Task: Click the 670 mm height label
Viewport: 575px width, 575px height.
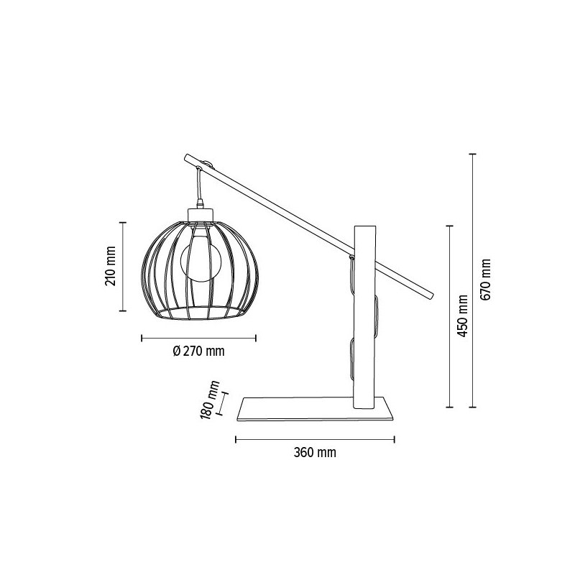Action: [x=487, y=280]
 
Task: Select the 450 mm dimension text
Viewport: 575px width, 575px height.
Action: [x=463, y=317]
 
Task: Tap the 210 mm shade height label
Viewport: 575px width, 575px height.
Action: [x=111, y=268]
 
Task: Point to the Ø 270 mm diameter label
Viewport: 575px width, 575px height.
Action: [x=199, y=351]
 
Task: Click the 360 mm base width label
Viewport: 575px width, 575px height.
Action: [x=315, y=453]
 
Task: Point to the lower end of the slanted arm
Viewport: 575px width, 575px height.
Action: [x=430, y=294]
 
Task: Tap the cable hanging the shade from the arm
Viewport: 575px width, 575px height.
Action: [x=198, y=185]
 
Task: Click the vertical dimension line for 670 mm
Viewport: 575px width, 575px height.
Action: [x=472, y=280]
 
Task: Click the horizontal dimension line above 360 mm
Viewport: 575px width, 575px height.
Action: [x=315, y=438]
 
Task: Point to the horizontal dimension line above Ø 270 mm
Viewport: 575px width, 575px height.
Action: [x=199, y=337]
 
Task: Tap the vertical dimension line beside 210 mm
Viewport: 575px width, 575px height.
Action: [x=124, y=268]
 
